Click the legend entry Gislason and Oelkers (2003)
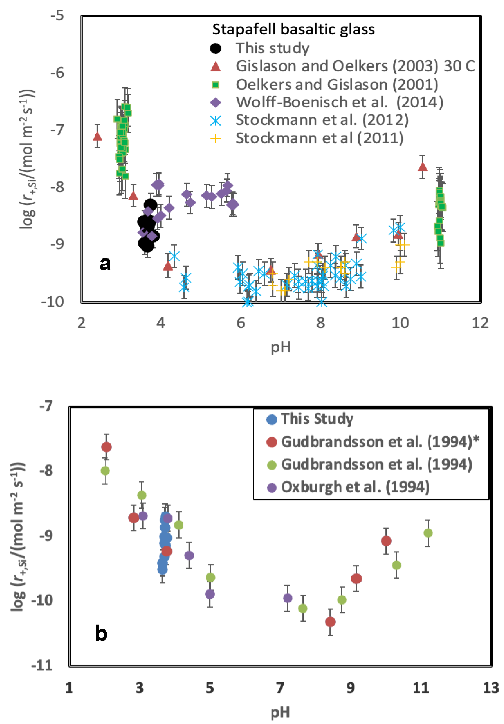[355, 66]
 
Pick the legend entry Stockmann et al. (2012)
[322, 120]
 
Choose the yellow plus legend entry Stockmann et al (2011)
[319, 138]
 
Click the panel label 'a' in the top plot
[105, 264]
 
